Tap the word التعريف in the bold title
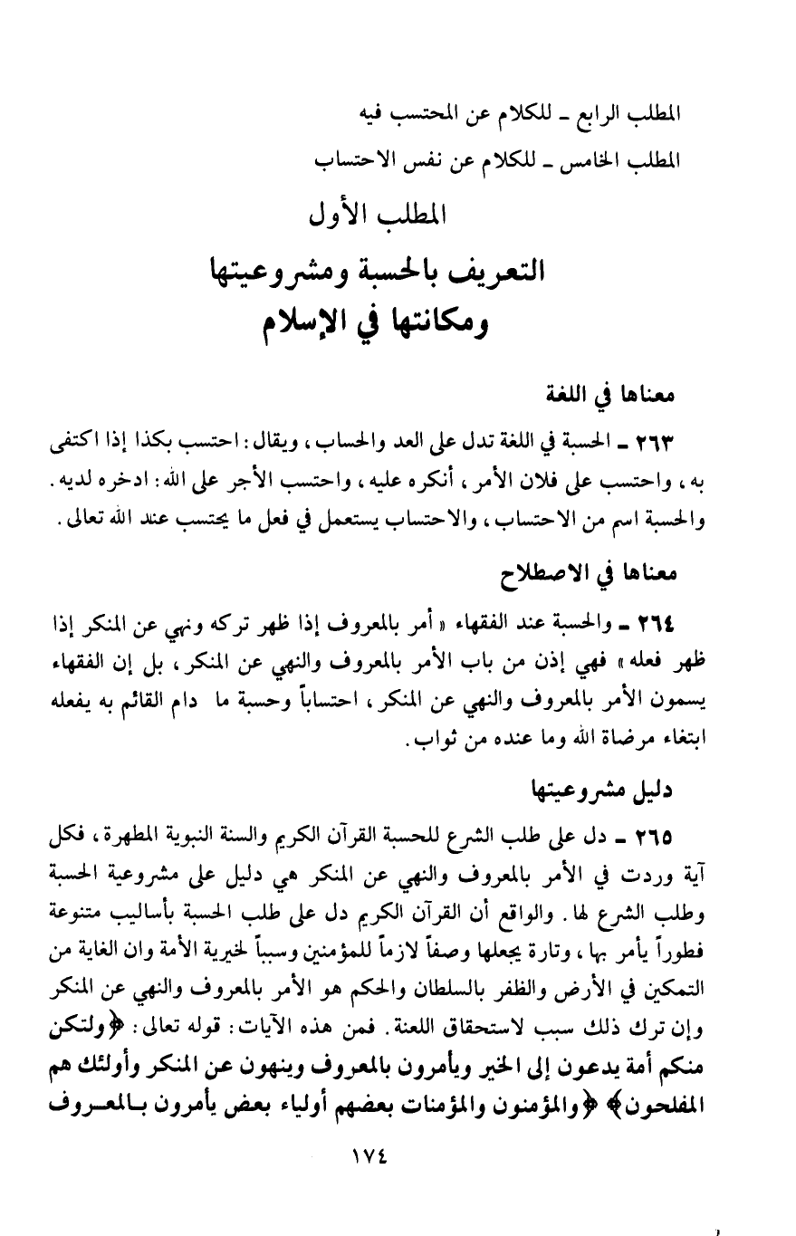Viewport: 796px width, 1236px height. click(496, 270)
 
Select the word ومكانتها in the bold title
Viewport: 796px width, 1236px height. click(451, 323)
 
